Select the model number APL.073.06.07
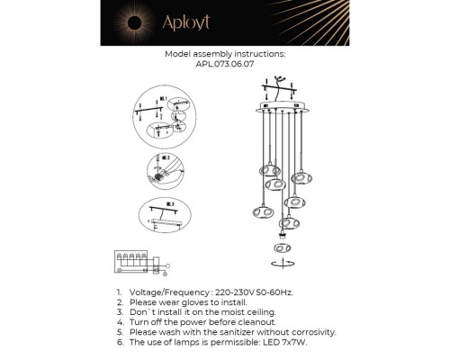coord(225,64)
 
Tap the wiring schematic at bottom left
coord(140,260)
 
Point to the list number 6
coord(119,342)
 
